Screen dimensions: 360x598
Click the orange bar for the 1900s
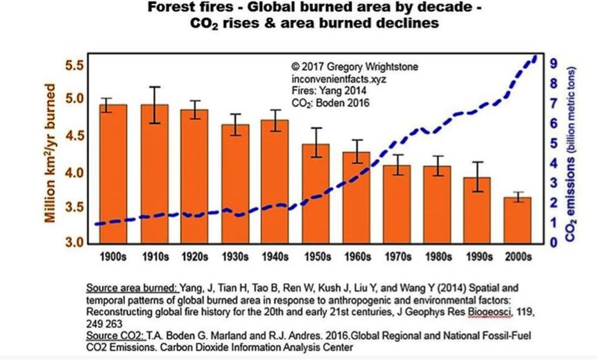(x=113, y=173)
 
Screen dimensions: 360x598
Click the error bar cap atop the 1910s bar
(x=153, y=87)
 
